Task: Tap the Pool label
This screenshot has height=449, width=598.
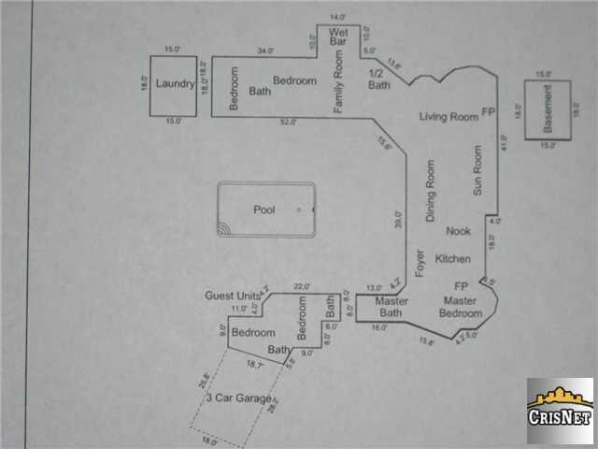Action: point(264,210)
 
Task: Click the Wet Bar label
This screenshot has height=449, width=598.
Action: point(338,36)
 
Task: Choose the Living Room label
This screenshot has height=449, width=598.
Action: point(448,116)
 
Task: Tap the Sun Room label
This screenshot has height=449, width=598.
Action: point(477,169)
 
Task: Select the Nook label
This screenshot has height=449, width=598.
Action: point(458,231)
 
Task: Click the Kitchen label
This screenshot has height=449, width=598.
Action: point(453,258)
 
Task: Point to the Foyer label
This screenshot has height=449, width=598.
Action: point(420,263)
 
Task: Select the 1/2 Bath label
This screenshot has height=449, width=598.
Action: point(378,79)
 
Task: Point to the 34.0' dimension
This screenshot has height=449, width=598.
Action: point(265,51)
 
